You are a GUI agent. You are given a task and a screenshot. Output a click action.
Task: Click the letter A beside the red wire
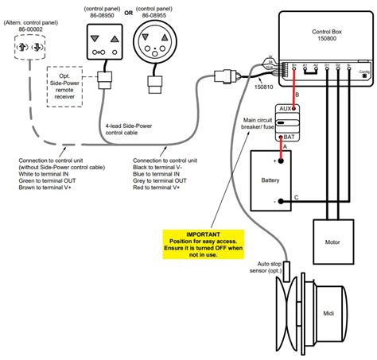click(284, 145)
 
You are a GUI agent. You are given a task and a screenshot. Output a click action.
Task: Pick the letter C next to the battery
click(297, 198)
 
